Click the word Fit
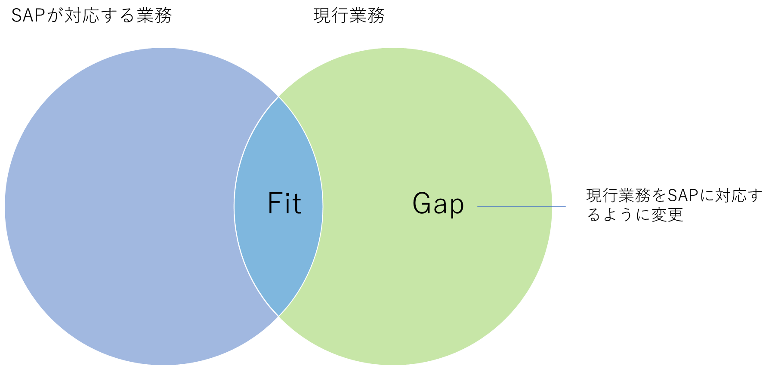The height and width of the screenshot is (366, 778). click(x=284, y=203)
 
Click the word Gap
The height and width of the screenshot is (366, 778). click(x=438, y=204)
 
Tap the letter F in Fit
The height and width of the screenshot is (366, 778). click(x=274, y=203)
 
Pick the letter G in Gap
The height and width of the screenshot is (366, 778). click(x=421, y=203)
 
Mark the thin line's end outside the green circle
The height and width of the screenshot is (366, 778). click(x=565, y=207)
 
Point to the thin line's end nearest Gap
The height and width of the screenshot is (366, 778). click(x=478, y=207)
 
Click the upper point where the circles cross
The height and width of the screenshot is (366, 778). click(x=279, y=97)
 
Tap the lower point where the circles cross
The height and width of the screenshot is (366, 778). click(x=279, y=317)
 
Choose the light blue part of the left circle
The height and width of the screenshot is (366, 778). click(x=120, y=206)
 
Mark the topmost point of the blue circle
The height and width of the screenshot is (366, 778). click(x=164, y=47)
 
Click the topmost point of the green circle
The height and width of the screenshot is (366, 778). click(x=393, y=47)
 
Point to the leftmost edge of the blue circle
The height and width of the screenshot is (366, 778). click(x=5, y=206)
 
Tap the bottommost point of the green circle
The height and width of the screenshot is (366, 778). click(x=393, y=365)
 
